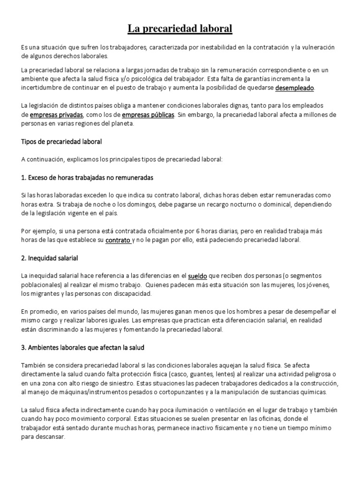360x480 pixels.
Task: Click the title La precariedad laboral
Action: [180, 30]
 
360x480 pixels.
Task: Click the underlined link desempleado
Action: [295, 88]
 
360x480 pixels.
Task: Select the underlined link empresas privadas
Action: [56, 115]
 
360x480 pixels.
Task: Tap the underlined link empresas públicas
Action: [148, 115]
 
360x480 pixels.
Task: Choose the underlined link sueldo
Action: [198, 276]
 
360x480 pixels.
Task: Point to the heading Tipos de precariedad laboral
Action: [61, 141]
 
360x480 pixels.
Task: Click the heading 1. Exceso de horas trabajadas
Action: [87, 178]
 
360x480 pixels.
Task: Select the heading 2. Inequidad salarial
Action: [49, 258]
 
